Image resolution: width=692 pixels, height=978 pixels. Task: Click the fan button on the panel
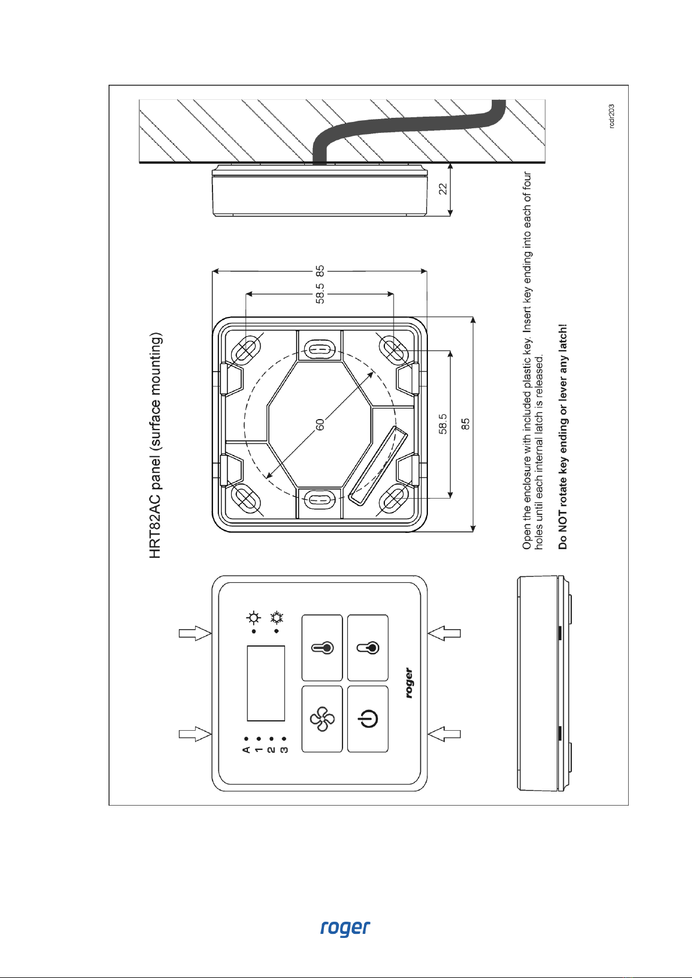click(x=322, y=720)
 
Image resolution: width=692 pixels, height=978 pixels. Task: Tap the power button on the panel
click(x=368, y=720)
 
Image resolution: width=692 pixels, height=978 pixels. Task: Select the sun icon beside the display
click(x=254, y=617)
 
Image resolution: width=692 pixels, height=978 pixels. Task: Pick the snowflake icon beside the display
click(x=277, y=617)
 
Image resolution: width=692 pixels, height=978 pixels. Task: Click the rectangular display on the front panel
click(x=266, y=683)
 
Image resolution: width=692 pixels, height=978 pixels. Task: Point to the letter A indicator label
click(x=246, y=750)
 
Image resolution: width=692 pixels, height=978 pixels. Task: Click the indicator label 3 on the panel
click(x=284, y=750)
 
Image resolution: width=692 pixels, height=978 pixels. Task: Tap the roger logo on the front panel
click(x=409, y=683)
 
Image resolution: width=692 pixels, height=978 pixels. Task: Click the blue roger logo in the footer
click(x=345, y=928)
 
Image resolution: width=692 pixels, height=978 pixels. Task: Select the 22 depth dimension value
click(x=443, y=189)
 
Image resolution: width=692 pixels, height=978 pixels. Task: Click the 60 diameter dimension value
click(x=320, y=425)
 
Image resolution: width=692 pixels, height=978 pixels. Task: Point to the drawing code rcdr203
click(x=611, y=117)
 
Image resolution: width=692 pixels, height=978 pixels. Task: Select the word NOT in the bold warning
click(x=563, y=515)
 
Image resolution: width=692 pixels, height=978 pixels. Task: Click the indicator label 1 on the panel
click(x=259, y=750)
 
